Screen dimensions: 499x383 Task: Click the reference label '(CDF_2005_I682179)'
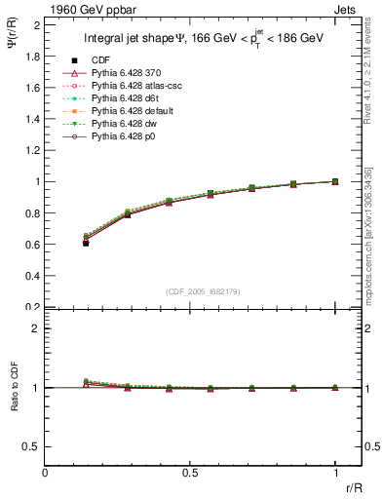coord(205,289)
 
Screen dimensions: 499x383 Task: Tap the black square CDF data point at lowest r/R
coord(86,243)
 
